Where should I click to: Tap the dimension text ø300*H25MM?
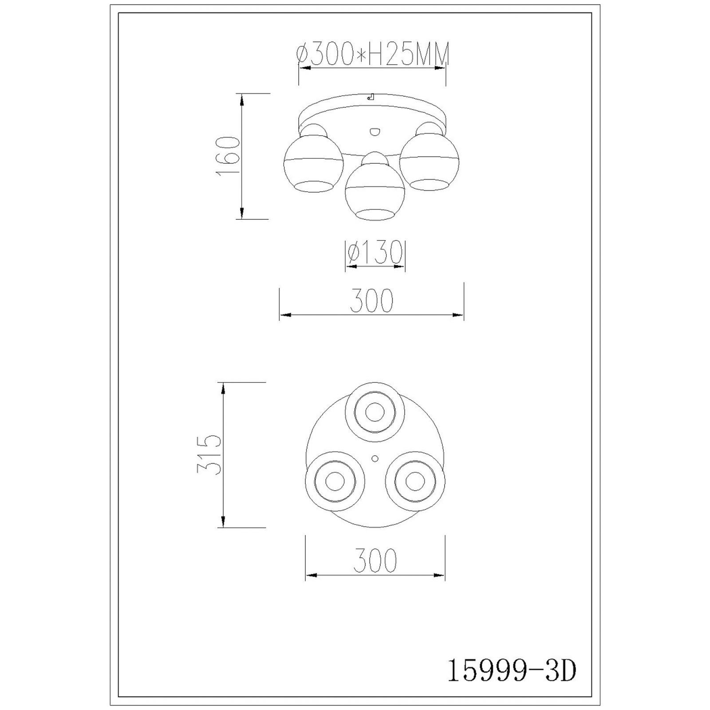point(373,54)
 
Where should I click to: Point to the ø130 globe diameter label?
point(375,252)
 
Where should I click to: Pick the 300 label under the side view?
point(372,300)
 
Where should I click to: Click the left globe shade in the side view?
point(313,163)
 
